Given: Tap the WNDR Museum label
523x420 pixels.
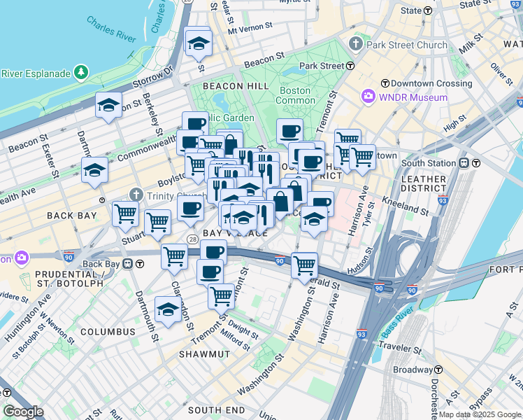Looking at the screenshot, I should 413,97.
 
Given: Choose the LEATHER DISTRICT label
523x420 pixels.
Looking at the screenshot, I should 424,183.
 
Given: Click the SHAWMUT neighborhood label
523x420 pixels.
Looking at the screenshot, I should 204,354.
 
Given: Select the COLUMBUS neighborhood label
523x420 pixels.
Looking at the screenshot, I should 107,331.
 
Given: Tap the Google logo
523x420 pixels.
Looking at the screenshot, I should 24,412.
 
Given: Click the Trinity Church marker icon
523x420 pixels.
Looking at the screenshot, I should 136,194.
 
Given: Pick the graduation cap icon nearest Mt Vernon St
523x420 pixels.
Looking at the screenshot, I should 199,43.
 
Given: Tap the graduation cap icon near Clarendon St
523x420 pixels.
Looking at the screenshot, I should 168,309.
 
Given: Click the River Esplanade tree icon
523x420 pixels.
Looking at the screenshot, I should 82,73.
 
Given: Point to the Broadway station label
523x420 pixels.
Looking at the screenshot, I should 413,370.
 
